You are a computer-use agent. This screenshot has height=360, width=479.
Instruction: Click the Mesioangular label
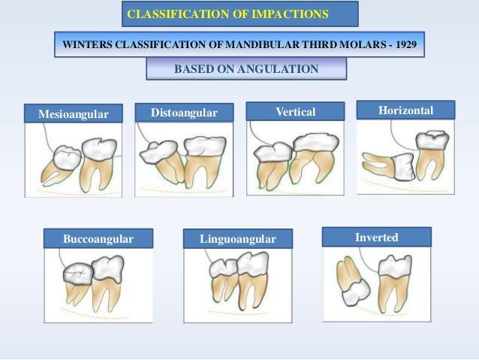tap(67, 114)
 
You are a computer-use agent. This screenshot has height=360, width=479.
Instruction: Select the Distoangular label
tap(184, 113)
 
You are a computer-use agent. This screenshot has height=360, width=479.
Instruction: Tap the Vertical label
tap(295, 112)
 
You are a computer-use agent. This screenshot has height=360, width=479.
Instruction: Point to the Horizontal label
tap(405, 110)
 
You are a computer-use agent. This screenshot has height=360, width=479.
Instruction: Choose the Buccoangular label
tap(98, 239)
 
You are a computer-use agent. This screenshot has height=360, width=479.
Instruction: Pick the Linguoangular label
tap(237, 239)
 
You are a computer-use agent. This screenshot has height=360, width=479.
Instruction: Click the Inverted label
tap(376, 237)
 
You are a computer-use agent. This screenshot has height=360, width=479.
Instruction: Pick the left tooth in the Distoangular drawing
tap(160, 158)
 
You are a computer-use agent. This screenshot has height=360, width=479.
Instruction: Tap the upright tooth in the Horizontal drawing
tap(432, 154)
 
